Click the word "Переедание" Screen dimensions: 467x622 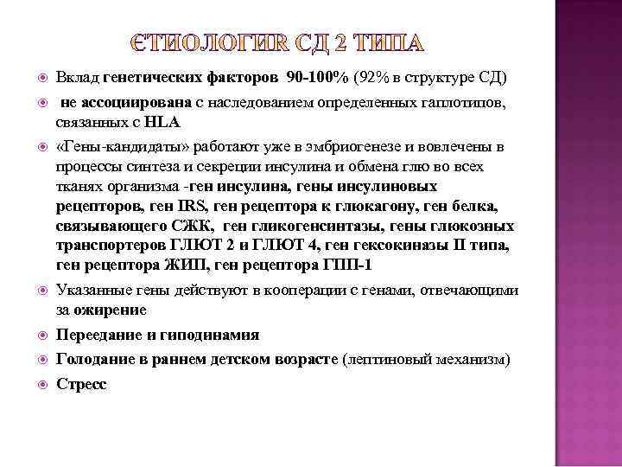coord(94,334)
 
